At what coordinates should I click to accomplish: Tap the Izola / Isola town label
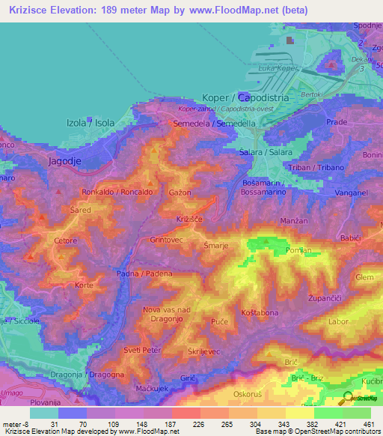(91, 123)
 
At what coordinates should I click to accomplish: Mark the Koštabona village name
(259, 312)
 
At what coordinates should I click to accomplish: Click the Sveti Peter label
(144, 350)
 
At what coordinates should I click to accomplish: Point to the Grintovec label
(168, 240)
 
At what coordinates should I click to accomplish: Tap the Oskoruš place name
(249, 391)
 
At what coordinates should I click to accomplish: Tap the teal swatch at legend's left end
(43, 413)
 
